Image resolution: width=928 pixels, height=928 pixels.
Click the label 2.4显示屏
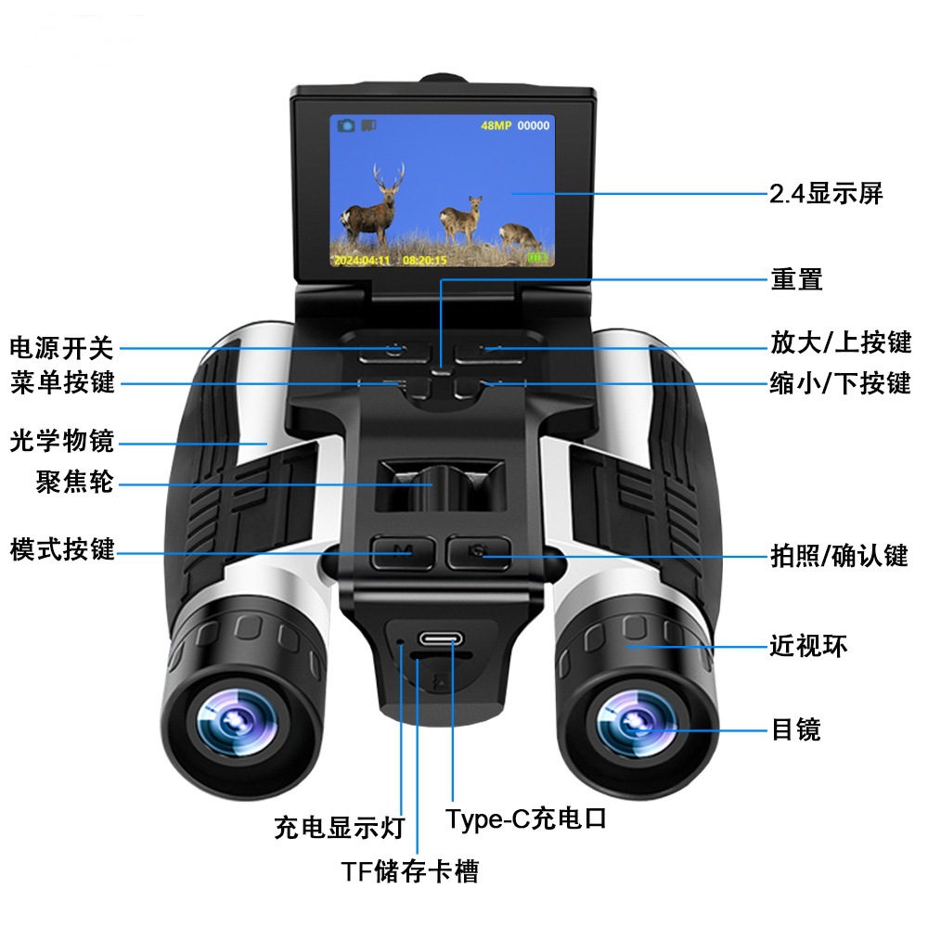[826, 194]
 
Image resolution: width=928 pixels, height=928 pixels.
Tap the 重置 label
[796, 278]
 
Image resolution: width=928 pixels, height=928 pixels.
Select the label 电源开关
[61, 347]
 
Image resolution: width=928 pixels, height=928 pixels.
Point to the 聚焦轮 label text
[74, 482]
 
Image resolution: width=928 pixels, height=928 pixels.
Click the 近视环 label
[808, 645]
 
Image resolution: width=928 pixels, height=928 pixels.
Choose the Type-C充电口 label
[526, 818]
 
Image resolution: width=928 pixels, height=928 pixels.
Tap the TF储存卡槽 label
[409, 871]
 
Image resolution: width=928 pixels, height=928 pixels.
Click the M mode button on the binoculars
[403, 553]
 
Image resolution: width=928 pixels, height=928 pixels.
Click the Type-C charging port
[441, 639]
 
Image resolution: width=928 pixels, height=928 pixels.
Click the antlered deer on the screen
[373, 205]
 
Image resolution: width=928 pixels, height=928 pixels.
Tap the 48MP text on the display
[496, 125]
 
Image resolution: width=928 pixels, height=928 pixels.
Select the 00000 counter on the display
[534, 125]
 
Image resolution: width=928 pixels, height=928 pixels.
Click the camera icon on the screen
[346, 125]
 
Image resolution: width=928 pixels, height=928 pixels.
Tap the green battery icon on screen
[537, 257]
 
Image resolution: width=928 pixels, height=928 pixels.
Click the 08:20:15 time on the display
[425, 261]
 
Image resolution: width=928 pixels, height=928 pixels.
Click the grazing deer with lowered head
[519, 237]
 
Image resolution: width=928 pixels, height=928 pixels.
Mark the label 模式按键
[62, 549]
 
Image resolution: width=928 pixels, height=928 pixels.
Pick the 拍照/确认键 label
[839, 556]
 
